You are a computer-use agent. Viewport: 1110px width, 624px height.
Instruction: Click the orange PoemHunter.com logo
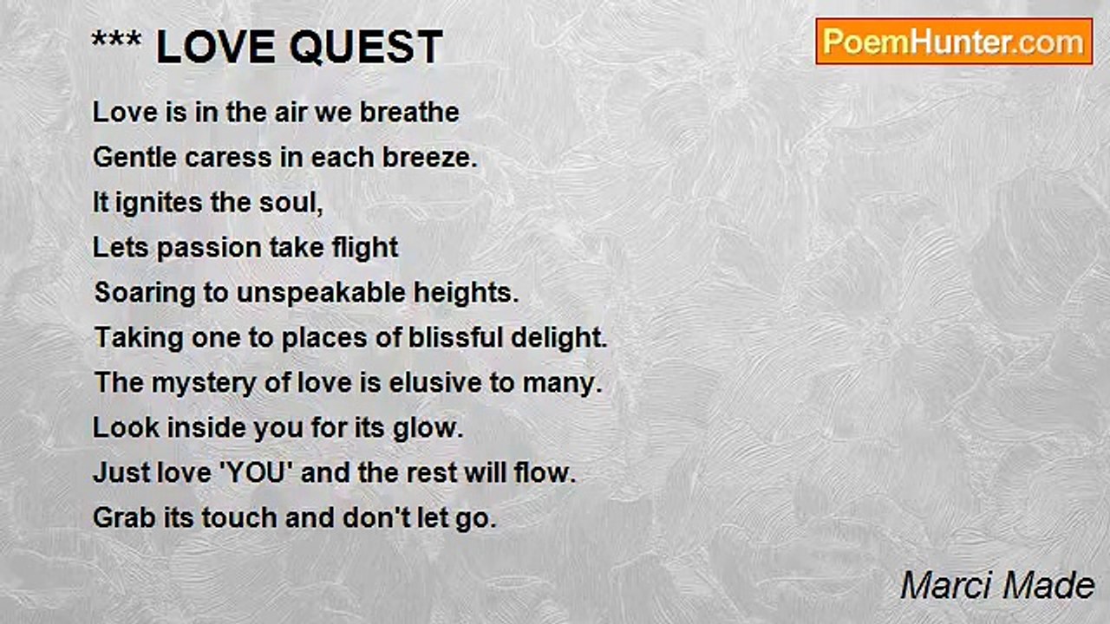tap(954, 42)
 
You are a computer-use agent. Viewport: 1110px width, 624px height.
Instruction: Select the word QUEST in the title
tap(366, 47)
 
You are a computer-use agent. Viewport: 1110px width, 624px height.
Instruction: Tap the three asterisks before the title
tap(116, 39)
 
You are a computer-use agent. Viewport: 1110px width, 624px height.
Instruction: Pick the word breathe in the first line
tap(409, 112)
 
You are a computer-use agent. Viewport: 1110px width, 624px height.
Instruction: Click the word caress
tap(228, 158)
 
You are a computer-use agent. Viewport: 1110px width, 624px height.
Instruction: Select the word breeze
tap(429, 158)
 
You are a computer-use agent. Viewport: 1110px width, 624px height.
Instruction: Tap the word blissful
tap(455, 337)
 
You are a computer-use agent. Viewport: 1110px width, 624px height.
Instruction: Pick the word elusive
tap(435, 383)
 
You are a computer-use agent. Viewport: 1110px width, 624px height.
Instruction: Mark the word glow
tap(428, 429)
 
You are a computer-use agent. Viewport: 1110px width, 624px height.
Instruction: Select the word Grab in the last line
tap(124, 517)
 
